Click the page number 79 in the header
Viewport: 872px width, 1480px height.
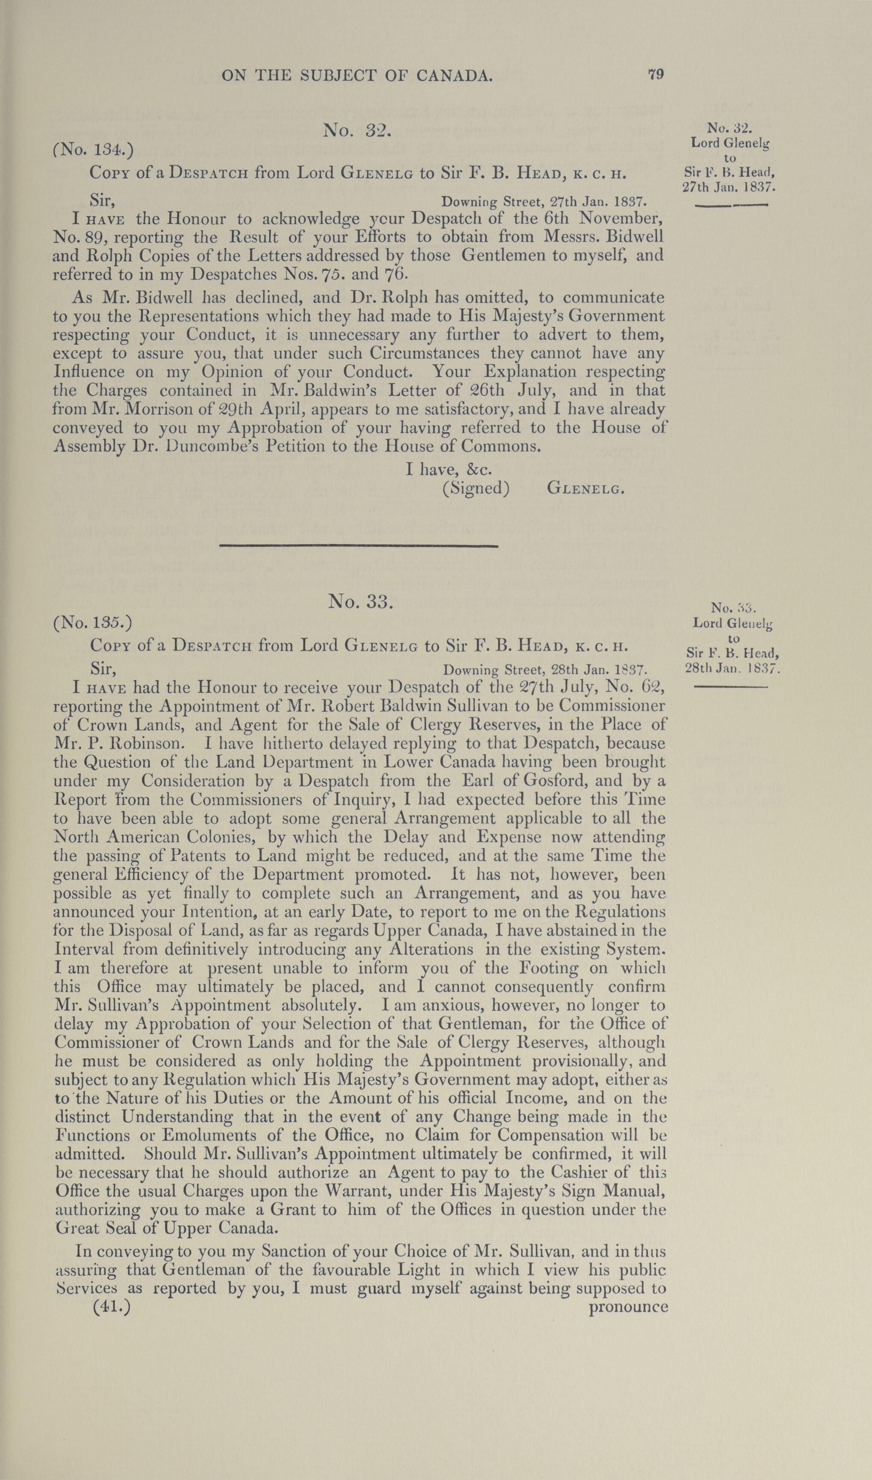coord(656,74)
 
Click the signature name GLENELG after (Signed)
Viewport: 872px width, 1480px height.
coord(585,488)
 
